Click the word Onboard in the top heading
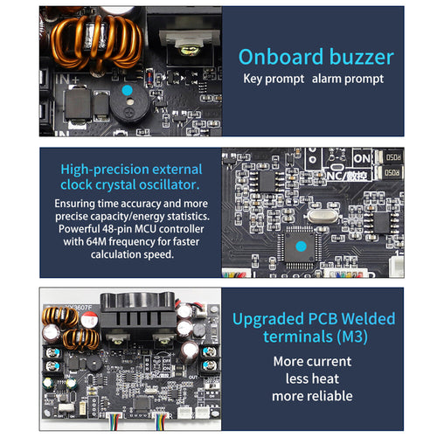pos(281,57)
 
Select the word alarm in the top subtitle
pos(326,79)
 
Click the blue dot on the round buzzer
pos(127,90)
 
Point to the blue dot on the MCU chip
pos(301,246)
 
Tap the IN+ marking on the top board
pos(67,80)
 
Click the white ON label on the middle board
pos(362,159)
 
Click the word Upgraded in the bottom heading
pos(268,319)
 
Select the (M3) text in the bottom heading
pos(352,336)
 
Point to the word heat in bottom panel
pos(326,378)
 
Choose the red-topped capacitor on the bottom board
pos(88,319)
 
